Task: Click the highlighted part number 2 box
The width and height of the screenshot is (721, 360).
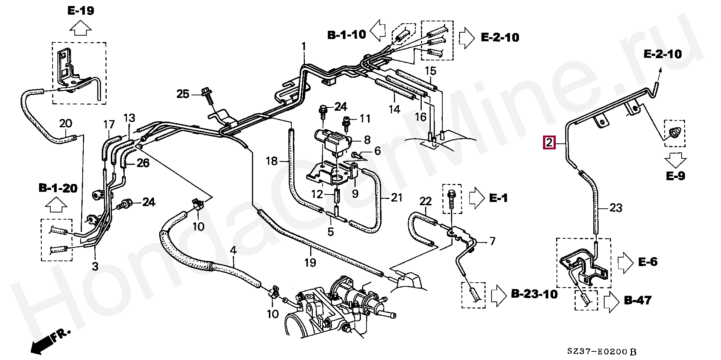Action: tap(549, 143)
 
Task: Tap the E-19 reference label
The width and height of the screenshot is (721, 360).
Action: tap(81, 11)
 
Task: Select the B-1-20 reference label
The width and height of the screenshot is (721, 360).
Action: tap(58, 188)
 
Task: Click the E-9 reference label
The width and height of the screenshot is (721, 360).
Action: tap(676, 176)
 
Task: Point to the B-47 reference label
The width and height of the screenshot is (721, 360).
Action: tap(638, 300)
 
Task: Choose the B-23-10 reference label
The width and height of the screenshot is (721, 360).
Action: tap(534, 294)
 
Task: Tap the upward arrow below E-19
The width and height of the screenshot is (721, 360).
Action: tap(81, 28)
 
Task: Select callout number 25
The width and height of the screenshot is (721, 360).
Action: tap(183, 94)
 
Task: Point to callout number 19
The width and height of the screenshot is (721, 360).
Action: tap(310, 263)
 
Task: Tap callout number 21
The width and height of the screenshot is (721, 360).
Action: tap(397, 197)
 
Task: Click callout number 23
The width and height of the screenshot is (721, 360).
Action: tap(616, 208)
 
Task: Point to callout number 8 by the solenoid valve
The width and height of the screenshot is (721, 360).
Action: tap(367, 140)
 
